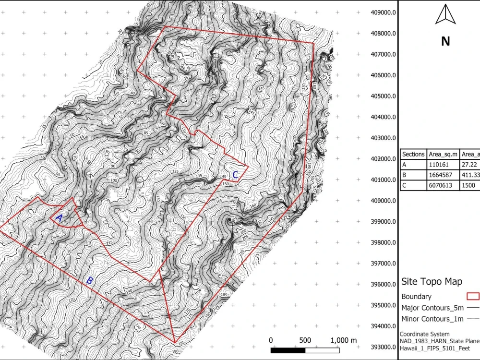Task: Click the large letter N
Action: [445, 41]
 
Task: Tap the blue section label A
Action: [59, 218]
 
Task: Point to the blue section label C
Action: [235, 175]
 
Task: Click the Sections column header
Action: [413, 154]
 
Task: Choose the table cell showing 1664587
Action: [440, 175]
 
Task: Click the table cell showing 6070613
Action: [440, 185]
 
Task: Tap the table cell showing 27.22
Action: [469, 164]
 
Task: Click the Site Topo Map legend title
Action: [432, 282]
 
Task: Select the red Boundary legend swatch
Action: [473, 296]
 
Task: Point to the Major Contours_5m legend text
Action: [432, 308]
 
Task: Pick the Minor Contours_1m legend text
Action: [432, 319]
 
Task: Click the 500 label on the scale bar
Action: [304, 340]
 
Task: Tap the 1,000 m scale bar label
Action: [343, 340]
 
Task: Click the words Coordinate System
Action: [425, 334]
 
